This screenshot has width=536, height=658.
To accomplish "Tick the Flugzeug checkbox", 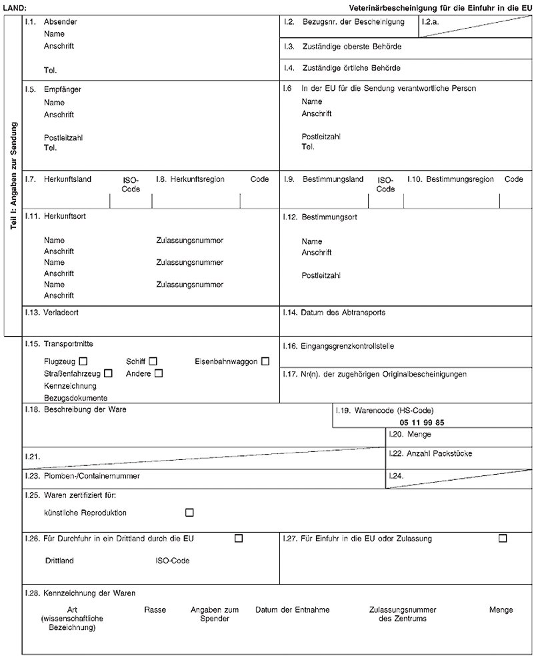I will point(83,361).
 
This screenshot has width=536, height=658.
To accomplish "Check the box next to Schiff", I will point(153,361).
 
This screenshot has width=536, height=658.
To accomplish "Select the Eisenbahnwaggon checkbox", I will point(265,361).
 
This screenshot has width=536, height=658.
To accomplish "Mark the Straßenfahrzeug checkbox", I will point(108,373).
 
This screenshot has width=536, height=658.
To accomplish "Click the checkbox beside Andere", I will point(158,373).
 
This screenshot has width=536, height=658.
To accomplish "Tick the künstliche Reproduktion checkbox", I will point(189,512).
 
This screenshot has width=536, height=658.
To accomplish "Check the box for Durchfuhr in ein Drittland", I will point(238,538).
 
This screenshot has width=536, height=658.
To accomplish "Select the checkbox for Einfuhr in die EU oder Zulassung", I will point(502,538).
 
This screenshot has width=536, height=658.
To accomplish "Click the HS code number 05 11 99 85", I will point(422,423).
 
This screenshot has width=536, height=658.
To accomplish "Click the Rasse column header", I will point(155,609).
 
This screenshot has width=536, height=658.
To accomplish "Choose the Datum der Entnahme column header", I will point(292,609).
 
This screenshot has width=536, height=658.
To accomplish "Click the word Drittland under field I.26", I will point(59,561).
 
